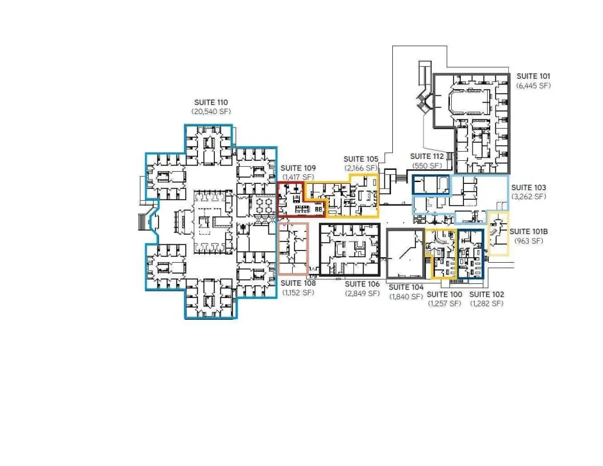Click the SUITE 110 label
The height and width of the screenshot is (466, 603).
[211, 103]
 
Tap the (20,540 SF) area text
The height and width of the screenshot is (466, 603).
[211, 112]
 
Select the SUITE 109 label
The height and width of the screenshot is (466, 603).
[298, 168]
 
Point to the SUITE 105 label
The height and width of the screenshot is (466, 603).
[361, 159]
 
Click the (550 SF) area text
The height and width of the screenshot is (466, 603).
[427, 166]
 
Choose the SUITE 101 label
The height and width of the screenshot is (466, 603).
[533, 76]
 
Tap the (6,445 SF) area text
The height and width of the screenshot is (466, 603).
[533, 86]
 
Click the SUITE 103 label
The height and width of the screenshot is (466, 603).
[528, 187]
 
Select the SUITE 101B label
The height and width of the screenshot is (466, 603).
[528, 232]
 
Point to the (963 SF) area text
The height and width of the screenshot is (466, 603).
[528, 241]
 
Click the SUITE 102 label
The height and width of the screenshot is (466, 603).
[486, 294]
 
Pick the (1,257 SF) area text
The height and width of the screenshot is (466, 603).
[444, 303]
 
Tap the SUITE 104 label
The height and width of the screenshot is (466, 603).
[406, 288]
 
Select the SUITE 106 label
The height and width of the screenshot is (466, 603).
[362, 285]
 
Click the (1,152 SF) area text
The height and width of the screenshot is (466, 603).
[298, 292]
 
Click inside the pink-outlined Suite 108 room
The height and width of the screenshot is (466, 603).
[293, 249]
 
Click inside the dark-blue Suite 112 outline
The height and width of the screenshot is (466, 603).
[431, 185]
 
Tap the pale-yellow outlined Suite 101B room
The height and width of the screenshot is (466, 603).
[498, 233]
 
